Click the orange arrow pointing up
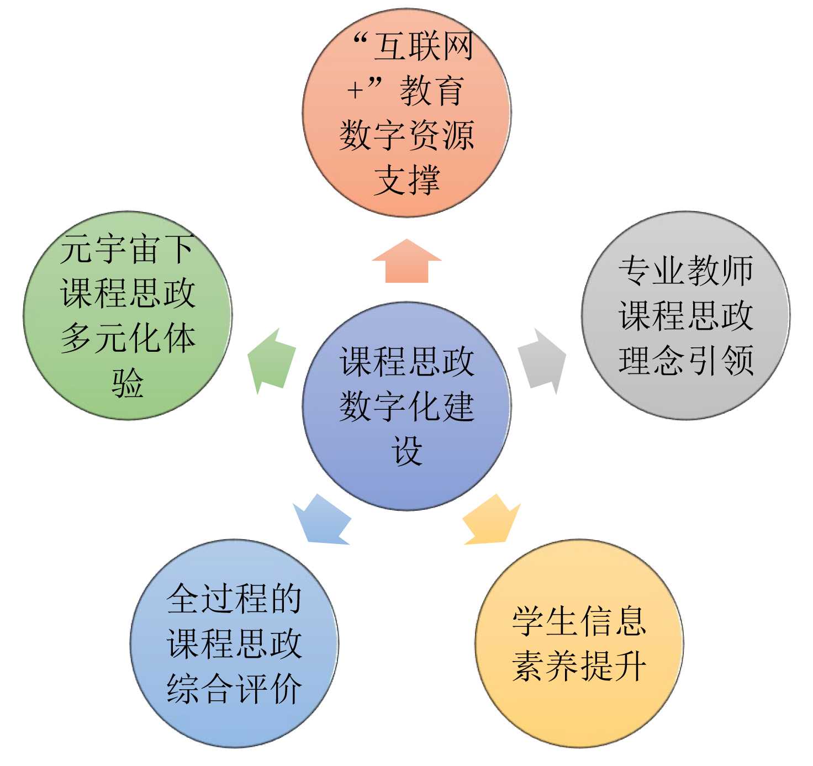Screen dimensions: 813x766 click(406, 262)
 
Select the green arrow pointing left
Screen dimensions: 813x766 click(271, 361)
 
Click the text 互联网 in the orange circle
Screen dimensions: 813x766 click(424, 46)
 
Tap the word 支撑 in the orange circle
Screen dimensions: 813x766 click(407, 180)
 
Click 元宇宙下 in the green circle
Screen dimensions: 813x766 click(128, 249)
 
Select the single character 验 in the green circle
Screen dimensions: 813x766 click(128, 383)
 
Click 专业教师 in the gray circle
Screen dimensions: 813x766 click(685, 271)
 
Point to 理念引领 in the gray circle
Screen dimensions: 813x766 click(685, 361)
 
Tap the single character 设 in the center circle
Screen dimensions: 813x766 click(407, 451)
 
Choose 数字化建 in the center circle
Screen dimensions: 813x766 click(407, 406)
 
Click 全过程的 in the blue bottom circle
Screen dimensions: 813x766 click(234, 599)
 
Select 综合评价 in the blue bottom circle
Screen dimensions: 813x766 click(234, 689)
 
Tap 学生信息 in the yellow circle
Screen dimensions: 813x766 click(579, 621)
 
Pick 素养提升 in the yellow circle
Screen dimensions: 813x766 click(579, 666)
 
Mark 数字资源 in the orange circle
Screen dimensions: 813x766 click(407, 135)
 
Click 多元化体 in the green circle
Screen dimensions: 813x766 click(128, 338)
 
